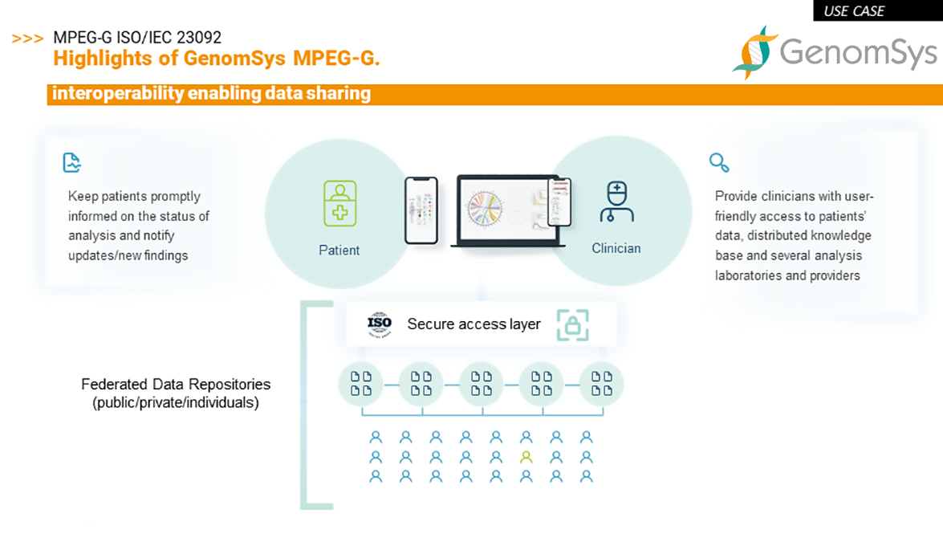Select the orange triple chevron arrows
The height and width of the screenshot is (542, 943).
pos(27,39)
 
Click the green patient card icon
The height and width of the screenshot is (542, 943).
pos(339,203)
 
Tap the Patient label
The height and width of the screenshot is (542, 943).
pos(339,251)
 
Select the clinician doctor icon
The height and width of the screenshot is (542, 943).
pos(616,202)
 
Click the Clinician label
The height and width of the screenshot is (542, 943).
pos(616,248)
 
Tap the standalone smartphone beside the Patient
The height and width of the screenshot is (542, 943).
pos(421,210)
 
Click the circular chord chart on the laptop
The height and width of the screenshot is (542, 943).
pos(485,209)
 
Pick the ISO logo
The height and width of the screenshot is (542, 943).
pos(380,324)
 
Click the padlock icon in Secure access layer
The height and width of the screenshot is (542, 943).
pos(572,325)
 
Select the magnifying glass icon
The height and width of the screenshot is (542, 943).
pos(719,162)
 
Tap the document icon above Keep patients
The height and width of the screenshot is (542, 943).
pos(71,162)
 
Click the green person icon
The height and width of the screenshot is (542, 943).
pos(526,457)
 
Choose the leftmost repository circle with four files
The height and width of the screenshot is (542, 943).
pos(361,384)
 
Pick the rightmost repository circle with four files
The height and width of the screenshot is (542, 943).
pos(601,384)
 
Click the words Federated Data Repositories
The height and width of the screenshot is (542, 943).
pos(176,385)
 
